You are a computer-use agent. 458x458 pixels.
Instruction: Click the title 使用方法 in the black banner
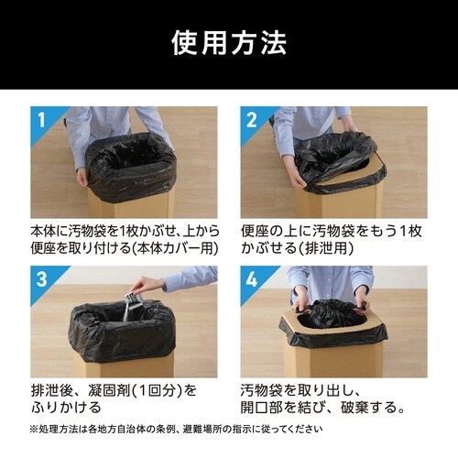229,42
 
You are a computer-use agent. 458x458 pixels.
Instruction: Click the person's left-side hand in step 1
80,175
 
